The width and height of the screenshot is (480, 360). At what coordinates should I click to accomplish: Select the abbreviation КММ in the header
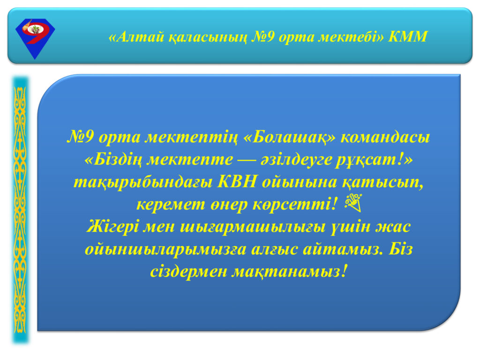[x=408, y=37]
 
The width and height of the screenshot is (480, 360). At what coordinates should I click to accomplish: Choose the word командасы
[x=385, y=137]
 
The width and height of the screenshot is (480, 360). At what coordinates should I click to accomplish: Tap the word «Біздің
[x=113, y=160]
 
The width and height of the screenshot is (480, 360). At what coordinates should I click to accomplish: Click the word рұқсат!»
[x=374, y=160]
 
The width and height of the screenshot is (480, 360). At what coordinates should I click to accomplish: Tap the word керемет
[x=171, y=205]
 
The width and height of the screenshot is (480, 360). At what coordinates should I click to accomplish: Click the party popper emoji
[x=353, y=203]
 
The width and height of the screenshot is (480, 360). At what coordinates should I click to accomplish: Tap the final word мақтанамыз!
[x=290, y=272]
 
